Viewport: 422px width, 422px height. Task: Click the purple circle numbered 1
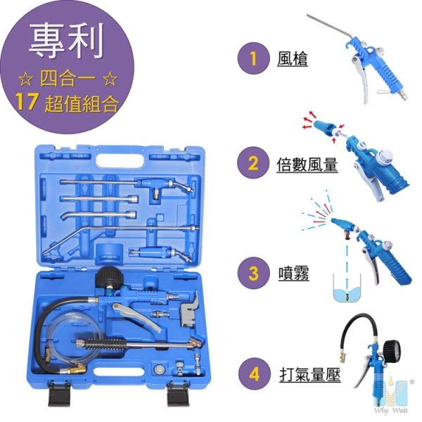253,58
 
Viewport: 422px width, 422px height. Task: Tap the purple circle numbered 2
253,162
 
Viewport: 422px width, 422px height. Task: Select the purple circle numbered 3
253,273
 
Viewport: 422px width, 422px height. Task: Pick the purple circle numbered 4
254,374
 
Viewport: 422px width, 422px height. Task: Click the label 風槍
293,58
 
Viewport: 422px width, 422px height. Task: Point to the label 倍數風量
307,164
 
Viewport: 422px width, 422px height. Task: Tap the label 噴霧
293,274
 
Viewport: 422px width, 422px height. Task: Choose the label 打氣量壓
310,375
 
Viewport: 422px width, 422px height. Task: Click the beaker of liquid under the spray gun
347,288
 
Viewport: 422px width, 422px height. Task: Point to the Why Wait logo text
390,411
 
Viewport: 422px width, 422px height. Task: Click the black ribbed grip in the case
105,344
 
